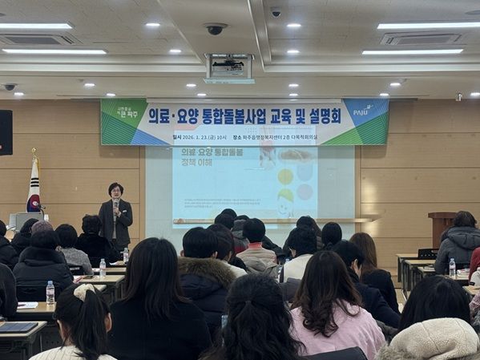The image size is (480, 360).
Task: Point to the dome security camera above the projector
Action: tap(215, 29)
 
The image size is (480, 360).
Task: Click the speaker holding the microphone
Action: tap(116, 214)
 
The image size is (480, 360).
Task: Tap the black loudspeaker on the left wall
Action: tap(6, 131)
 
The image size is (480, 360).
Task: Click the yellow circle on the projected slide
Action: tap(284, 176)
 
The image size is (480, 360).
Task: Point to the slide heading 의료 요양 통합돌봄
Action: tap(212, 152)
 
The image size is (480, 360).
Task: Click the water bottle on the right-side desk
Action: tap(452, 267)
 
